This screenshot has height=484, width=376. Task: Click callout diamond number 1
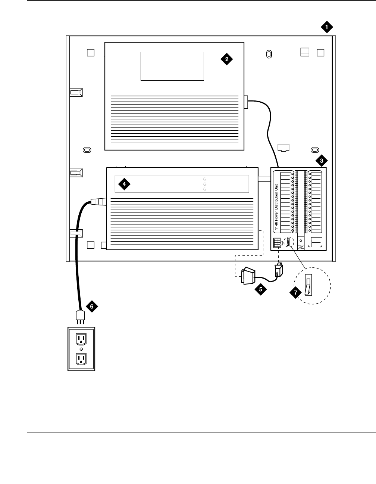tap(326, 27)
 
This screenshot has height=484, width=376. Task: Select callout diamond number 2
tap(226, 59)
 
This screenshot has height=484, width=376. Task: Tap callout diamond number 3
tap(321, 161)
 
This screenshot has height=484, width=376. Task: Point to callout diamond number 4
tap(124, 184)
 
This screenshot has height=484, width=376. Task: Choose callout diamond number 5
tap(261, 289)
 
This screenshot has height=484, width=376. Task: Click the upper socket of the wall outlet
tap(81, 339)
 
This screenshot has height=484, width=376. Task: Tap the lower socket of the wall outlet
tap(81, 359)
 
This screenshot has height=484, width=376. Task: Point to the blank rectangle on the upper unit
tap(172, 66)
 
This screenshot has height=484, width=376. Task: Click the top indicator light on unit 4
tap(205, 179)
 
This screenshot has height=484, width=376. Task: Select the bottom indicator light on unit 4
tap(205, 189)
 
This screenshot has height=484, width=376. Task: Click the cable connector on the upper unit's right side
tap(246, 101)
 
